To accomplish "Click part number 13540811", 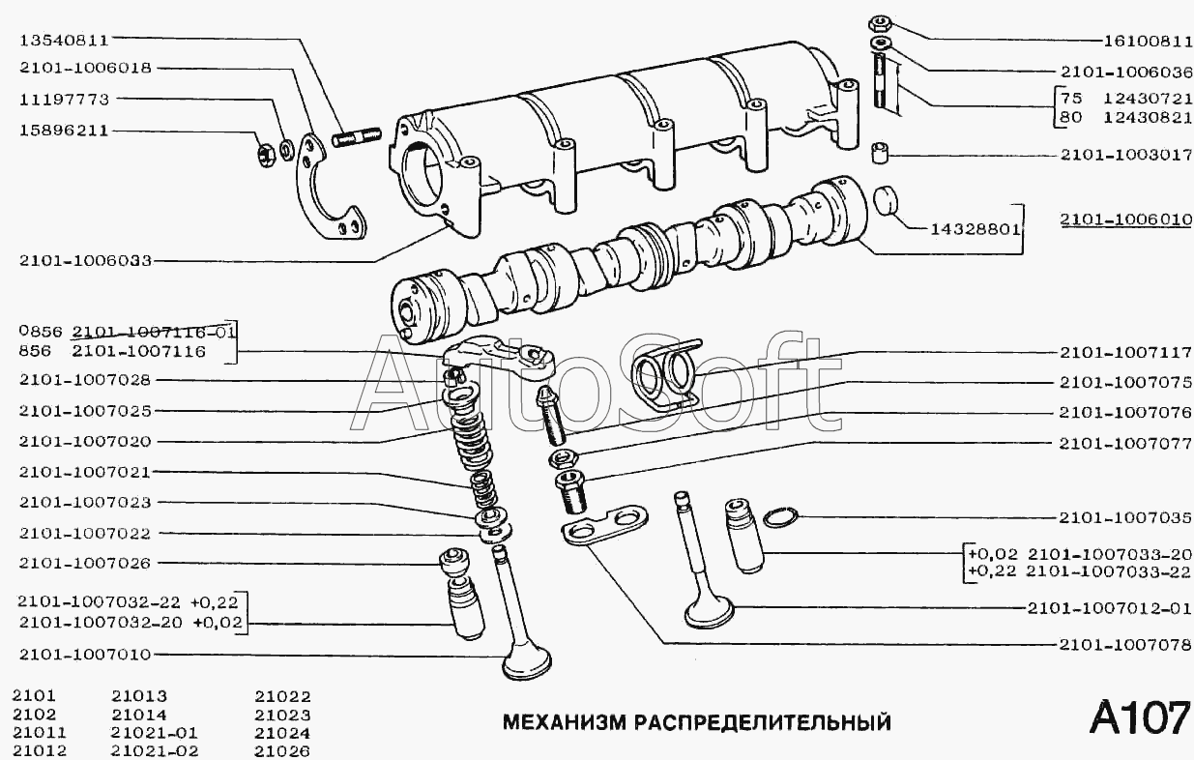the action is (64, 40).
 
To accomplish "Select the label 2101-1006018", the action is (86, 69).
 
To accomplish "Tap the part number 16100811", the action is (1148, 41).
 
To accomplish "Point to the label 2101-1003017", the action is (1126, 155).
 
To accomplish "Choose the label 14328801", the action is (976, 229).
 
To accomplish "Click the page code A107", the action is (1140, 717).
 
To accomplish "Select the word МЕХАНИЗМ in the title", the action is (564, 722).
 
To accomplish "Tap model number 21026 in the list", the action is (282, 751).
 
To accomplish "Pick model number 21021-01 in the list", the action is (155, 733).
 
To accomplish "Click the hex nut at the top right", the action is (880, 24).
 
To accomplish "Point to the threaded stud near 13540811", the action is (357, 137).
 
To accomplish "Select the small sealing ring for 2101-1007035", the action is (781, 517).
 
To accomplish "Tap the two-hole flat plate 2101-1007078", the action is (604, 526).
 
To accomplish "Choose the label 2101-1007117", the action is (1125, 353).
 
